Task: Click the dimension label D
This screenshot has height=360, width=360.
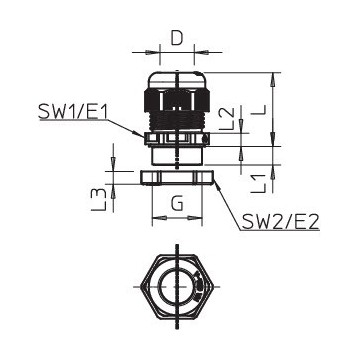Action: tap(177, 39)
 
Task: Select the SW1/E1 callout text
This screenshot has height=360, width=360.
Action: tap(73, 111)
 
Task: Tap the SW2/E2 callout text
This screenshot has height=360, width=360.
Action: tap(281, 221)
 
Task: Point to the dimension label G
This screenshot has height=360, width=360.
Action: tap(177, 203)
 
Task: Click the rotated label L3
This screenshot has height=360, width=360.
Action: tap(99, 199)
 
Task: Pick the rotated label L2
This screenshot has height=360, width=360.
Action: tap(229, 119)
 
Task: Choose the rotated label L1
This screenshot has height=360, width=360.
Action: tap(258, 183)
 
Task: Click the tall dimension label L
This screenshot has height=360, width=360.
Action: tap(259, 110)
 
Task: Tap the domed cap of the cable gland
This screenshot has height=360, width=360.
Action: tap(177, 80)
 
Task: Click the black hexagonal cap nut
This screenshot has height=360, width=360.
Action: tap(177, 99)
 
